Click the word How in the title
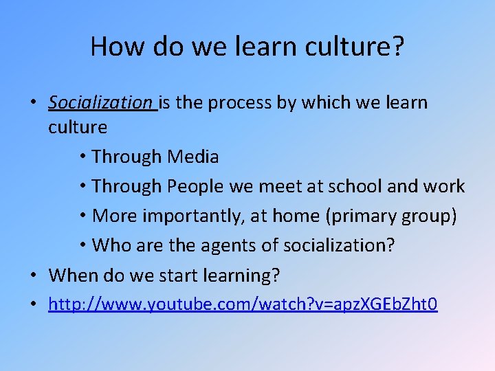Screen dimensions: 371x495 111,47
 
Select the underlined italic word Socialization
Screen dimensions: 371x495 100,103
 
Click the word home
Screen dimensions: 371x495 306,216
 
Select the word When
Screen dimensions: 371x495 74,276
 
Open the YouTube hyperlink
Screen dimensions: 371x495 243,304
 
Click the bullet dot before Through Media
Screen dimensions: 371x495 82,157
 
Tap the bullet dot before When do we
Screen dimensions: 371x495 33,276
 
